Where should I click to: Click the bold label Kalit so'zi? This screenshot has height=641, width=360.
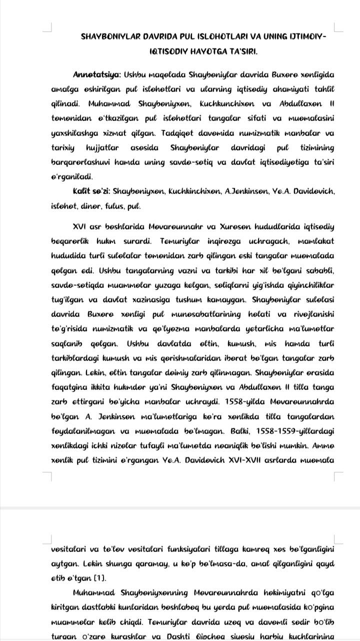91,191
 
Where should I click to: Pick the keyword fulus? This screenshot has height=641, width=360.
112,205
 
